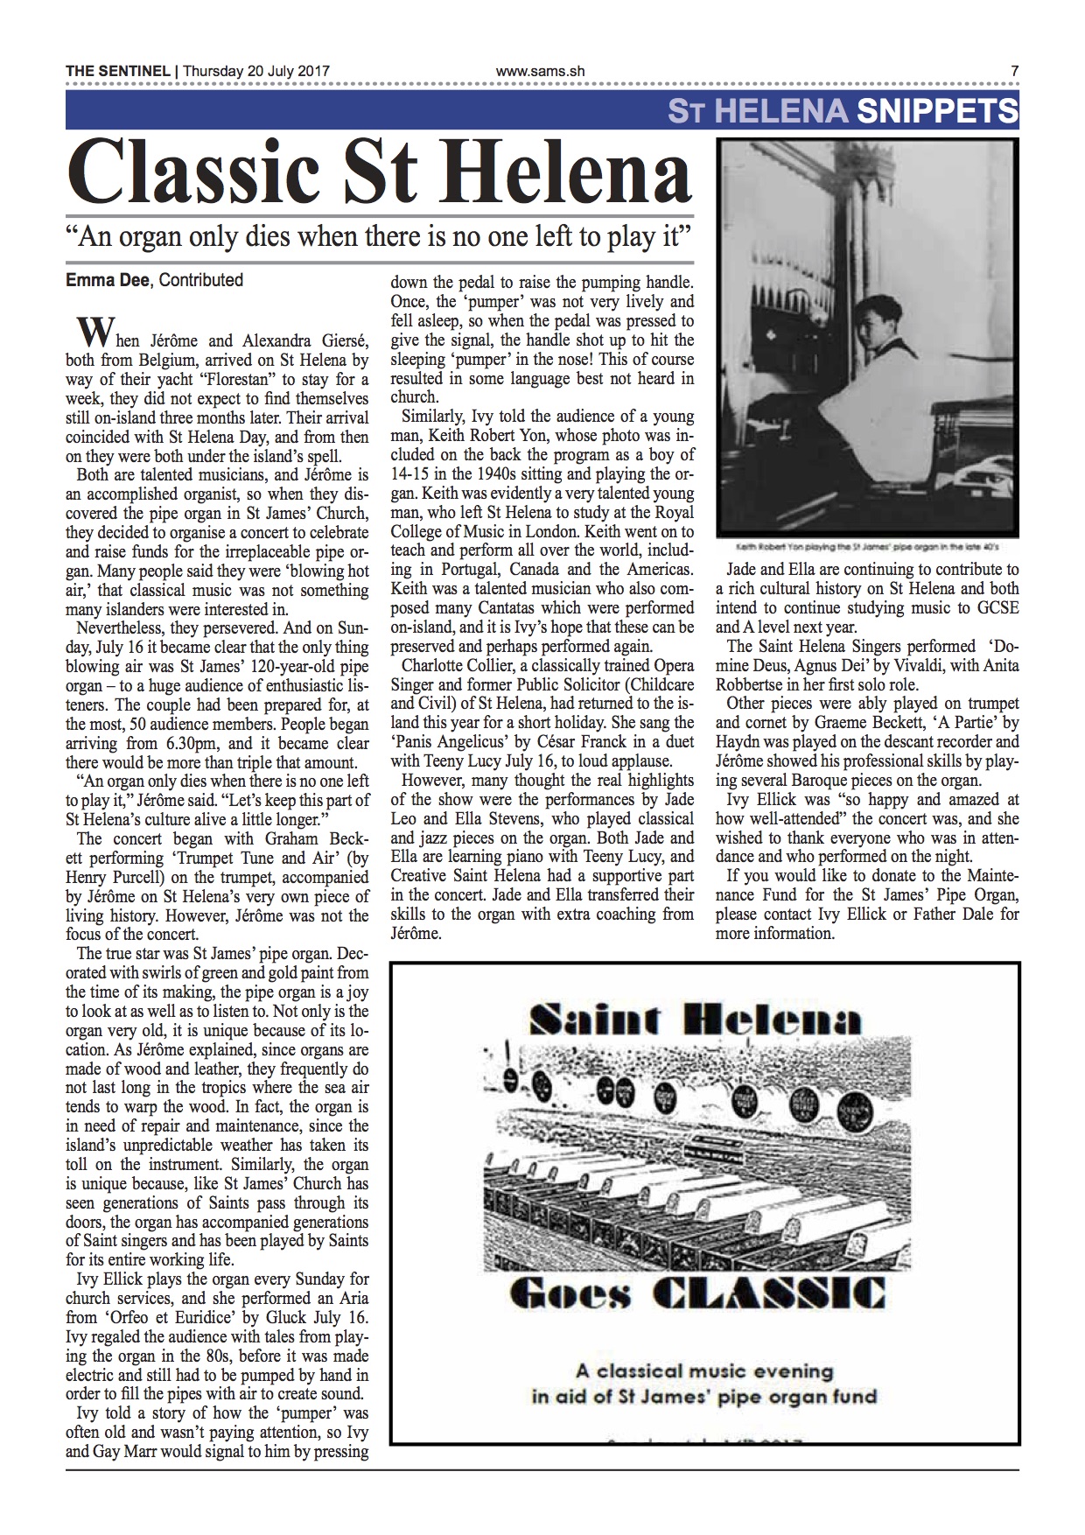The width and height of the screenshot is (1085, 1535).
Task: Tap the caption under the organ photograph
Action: pyautogui.click(x=867, y=546)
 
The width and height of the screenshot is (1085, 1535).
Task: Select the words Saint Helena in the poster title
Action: pyautogui.click(x=695, y=1020)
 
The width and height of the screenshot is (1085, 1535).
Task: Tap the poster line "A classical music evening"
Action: pyautogui.click(x=703, y=1370)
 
